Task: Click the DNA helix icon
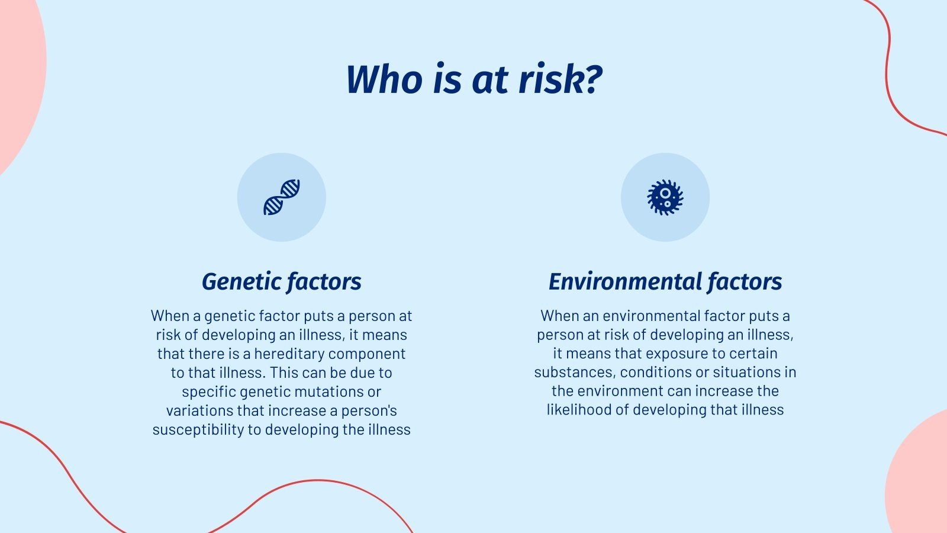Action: pyautogui.click(x=282, y=197)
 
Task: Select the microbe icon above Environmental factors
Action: pyautogui.click(x=665, y=197)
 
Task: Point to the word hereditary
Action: pyautogui.click(x=289, y=354)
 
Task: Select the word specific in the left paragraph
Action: pyautogui.click(x=209, y=391)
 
